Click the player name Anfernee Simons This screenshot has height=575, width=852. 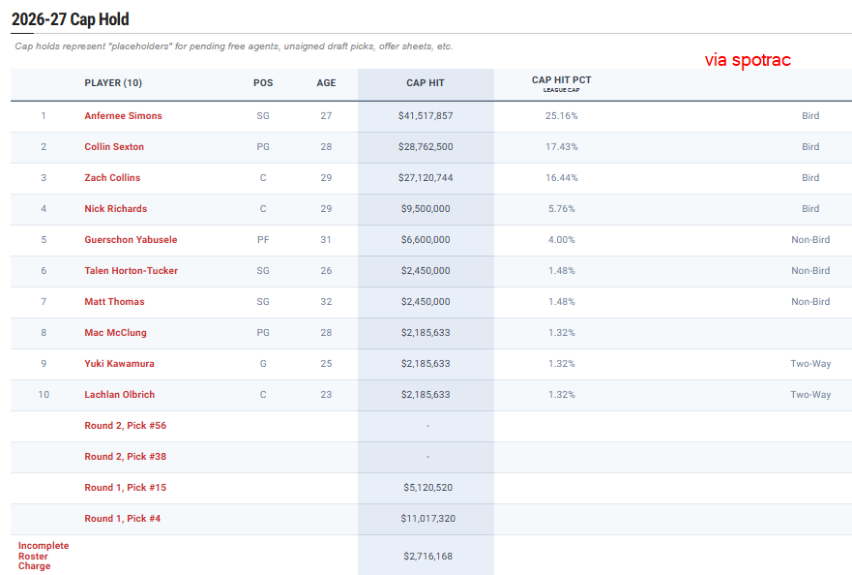tap(123, 116)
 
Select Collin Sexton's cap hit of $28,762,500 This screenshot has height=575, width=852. tap(426, 147)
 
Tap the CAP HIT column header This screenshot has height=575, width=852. tap(426, 82)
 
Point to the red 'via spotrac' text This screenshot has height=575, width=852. tap(748, 59)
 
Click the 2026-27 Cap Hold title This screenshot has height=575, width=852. tap(71, 19)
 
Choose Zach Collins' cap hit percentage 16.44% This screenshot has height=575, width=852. tap(561, 178)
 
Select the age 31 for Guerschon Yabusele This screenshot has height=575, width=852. tap(326, 240)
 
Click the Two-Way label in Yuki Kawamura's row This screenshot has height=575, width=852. tap(810, 364)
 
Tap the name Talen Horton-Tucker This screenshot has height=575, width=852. tap(131, 271)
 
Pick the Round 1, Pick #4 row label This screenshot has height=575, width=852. tap(122, 519)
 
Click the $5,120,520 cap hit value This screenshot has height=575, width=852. tap(427, 488)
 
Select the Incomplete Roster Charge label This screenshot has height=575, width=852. tap(44, 556)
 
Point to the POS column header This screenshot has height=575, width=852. tap(263, 82)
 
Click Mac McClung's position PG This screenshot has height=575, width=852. tap(263, 333)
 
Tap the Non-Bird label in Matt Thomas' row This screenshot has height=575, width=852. tap(810, 302)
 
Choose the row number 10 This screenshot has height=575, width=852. tap(44, 395)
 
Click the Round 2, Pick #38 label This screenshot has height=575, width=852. tap(125, 457)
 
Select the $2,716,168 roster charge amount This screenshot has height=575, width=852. tap(427, 556)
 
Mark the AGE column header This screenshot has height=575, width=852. tap(326, 82)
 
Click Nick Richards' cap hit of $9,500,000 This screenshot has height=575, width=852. tap(426, 209)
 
